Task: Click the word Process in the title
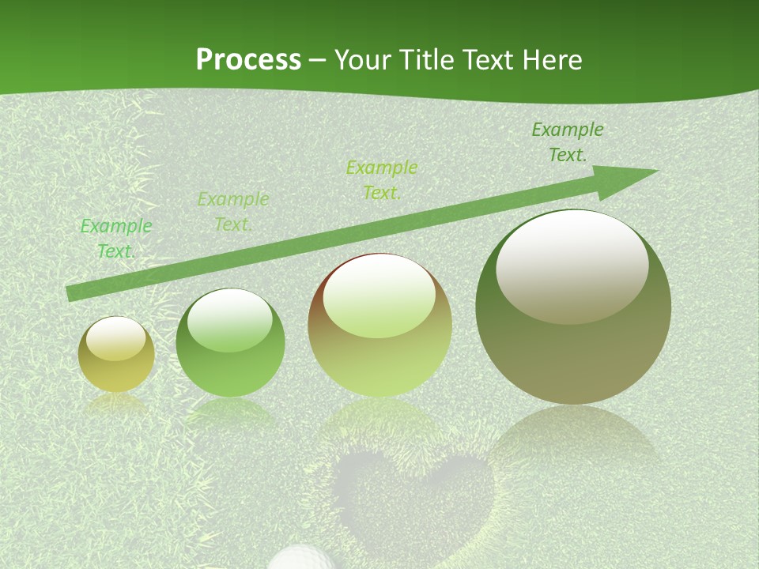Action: (248, 60)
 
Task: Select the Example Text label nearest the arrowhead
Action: (567, 142)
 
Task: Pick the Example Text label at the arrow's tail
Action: (116, 239)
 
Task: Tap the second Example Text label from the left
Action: (232, 212)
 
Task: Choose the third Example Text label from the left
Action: (381, 180)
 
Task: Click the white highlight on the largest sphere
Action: (572, 267)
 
